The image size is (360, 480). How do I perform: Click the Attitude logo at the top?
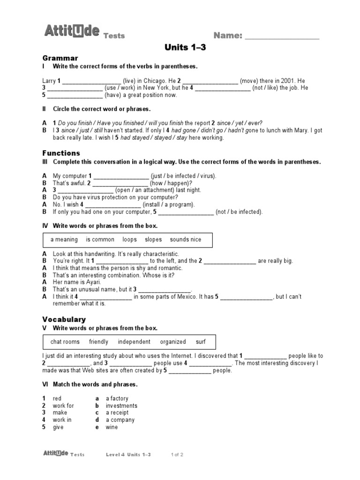click(x=72, y=32)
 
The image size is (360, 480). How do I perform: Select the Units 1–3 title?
click(x=185, y=47)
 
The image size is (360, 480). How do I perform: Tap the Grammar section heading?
click(x=60, y=58)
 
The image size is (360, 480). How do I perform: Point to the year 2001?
click(x=285, y=81)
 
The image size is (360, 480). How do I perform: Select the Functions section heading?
click(x=61, y=153)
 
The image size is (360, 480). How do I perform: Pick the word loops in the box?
click(x=129, y=240)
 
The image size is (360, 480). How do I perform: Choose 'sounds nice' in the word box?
click(x=186, y=240)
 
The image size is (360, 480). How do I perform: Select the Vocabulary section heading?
click(x=64, y=319)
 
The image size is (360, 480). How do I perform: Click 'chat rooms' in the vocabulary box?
click(x=65, y=342)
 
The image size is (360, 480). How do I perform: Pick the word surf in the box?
click(x=201, y=342)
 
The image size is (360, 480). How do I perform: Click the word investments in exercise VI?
click(x=121, y=406)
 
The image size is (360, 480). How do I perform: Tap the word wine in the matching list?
click(x=112, y=427)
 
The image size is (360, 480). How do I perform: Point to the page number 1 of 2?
click(x=177, y=455)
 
